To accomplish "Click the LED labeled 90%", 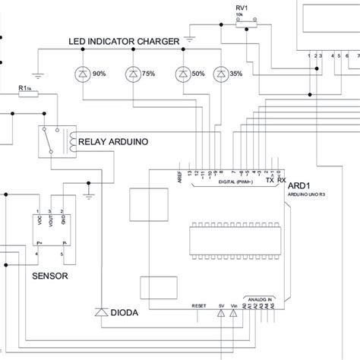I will tap(83, 74).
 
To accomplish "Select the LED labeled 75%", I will tap(133, 74).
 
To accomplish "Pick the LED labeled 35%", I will tap(220, 74).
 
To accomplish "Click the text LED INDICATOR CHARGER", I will tap(124, 41).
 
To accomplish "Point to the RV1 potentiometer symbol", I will tap(243, 24).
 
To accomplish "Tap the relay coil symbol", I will tap(71, 141).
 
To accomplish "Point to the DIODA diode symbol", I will tap(99, 312).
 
